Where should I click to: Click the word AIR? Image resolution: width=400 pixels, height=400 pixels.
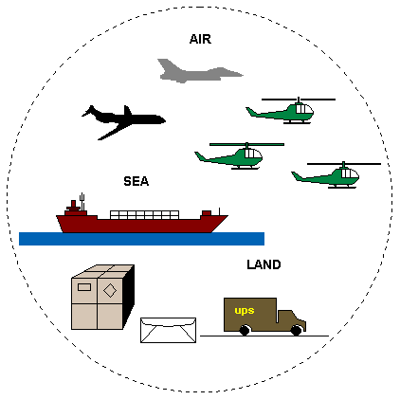(x=200, y=39)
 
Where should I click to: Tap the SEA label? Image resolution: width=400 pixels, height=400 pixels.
(x=136, y=181)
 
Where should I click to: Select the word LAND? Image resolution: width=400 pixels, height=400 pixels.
(x=264, y=264)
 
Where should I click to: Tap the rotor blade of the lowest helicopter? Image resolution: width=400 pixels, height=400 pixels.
(x=344, y=164)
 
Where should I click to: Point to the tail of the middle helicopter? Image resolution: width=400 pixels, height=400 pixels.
(x=201, y=156)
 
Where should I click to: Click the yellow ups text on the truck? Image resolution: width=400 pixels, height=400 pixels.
(x=245, y=311)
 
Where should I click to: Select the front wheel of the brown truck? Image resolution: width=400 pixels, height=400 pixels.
(x=296, y=330)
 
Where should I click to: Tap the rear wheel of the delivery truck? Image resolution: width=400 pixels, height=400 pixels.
(x=245, y=330)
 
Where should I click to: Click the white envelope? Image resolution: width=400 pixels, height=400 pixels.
(x=168, y=330)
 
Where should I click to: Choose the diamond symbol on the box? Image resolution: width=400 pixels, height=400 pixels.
(x=110, y=290)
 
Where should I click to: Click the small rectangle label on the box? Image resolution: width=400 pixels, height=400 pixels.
(x=84, y=287)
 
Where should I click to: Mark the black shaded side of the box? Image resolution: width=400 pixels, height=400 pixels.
(x=129, y=297)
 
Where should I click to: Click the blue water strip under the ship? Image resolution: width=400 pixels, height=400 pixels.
(x=141, y=239)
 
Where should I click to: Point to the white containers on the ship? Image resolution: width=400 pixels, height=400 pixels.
(x=144, y=215)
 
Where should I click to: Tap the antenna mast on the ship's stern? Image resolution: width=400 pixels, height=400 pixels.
(x=82, y=202)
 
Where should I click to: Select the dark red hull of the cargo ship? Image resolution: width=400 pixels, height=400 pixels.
(x=142, y=225)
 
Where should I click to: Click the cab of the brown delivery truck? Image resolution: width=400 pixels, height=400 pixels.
(x=291, y=320)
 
